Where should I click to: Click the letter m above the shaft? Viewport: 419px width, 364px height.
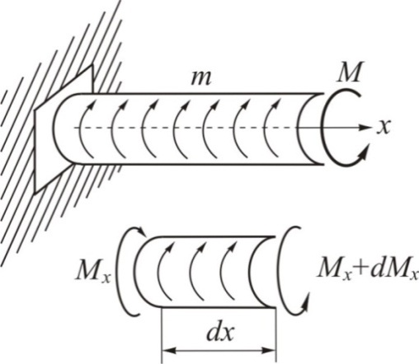coord(201,78)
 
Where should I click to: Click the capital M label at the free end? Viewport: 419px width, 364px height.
coord(349,72)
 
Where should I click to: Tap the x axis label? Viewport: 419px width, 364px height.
coord(384,127)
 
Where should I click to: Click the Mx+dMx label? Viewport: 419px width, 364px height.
coord(367,271)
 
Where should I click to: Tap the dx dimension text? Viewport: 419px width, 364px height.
coord(220,333)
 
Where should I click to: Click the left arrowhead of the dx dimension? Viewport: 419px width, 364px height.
coord(168,351)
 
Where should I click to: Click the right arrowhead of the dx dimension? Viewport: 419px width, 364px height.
coord(269,351)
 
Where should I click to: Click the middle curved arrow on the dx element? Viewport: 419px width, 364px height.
coord(194,270)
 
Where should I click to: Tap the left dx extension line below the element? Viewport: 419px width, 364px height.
coord(162,335)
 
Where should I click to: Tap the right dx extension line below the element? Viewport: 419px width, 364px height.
coord(275,335)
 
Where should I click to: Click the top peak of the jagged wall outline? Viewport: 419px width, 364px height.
coord(91,65)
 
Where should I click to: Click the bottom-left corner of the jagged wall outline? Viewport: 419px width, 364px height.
coord(35,193)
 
